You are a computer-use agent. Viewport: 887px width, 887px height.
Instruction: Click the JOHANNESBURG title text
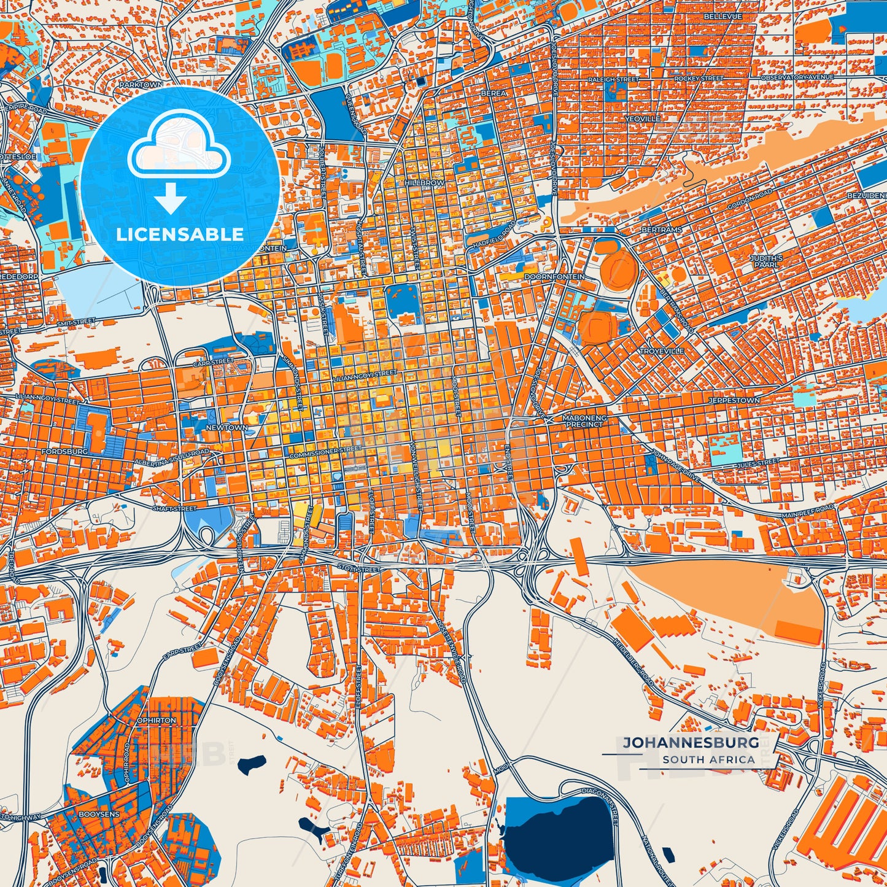[691, 742]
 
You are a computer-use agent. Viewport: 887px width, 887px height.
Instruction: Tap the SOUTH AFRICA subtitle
[708, 759]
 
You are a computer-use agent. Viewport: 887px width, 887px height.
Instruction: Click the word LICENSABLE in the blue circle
[180, 234]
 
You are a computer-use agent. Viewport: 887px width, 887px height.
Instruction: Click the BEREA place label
[494, 93]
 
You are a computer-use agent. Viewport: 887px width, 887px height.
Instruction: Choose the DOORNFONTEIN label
[554, 277]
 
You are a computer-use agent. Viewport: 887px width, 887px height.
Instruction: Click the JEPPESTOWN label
[734, 400]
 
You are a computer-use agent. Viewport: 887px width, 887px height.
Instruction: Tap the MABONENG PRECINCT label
[586, 420]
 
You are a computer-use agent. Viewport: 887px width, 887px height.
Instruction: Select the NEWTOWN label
[227, 427]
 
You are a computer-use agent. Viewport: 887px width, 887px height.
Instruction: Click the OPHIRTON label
[157, 720]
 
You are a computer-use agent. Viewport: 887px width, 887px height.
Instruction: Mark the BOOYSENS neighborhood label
[99, 814]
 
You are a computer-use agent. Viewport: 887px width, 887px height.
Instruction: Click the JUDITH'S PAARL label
[765, 262]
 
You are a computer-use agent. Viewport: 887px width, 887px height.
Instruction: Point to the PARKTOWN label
[141, 84]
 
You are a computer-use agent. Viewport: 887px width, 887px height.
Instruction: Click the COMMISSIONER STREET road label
[325, 453]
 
